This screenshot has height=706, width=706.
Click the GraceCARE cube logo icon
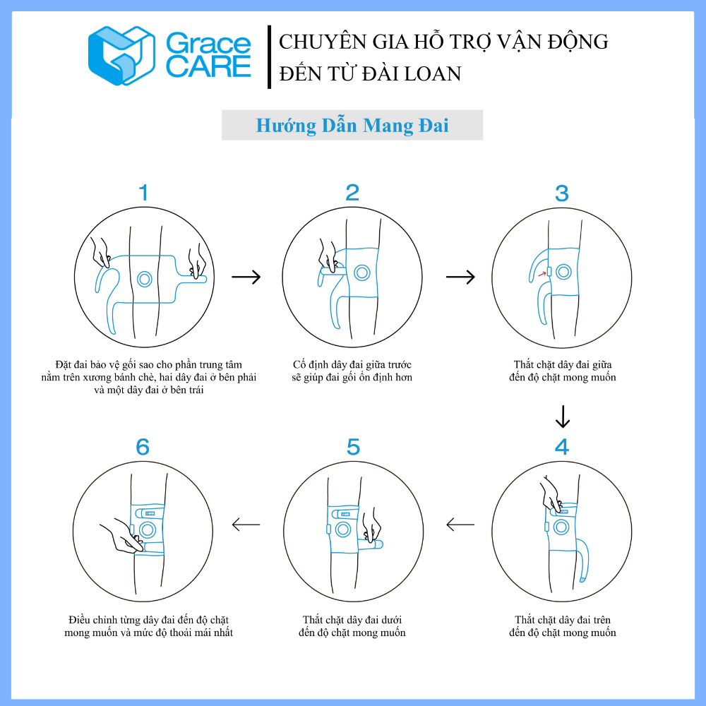point(121,55)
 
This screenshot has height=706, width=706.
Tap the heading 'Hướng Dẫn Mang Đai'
point(352,125)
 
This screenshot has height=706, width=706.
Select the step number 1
point(143,193)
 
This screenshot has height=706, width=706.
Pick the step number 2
point(352,193)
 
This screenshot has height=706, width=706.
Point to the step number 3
point(561,193)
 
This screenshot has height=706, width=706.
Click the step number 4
point(562,447)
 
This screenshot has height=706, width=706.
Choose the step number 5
point(353,447)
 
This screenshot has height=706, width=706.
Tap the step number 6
point(143,447)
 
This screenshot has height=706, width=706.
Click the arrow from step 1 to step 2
point(246,277)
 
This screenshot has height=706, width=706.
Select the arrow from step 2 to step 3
point(460,277)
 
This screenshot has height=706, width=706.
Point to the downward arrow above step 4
point(563,417)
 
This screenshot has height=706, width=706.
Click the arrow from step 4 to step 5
point(460,525)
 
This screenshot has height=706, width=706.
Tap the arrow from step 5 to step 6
point(246,525)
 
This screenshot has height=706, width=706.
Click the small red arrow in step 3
point(542,273)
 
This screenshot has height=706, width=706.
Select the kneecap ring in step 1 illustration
point(145,279)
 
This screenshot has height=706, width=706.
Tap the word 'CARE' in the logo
point(208,66)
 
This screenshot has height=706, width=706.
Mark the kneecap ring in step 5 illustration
point(343,529)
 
